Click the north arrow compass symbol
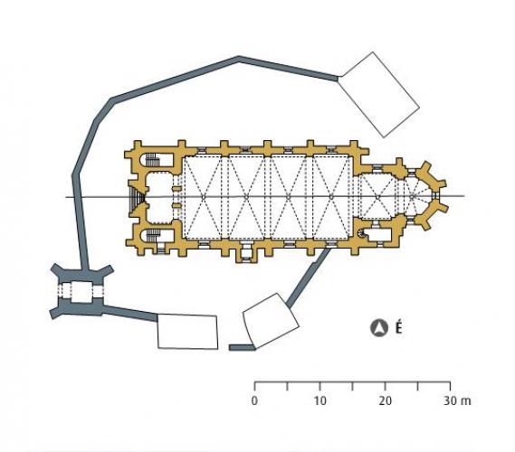(x=378, y=328)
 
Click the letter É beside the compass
(x=398, y=327)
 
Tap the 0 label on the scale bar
(x=254, y=400)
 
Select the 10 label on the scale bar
(x=319, y=400)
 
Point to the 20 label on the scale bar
(x=385, y=400)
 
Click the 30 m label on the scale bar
(x=457, y=400)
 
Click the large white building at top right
(x=378, y=94)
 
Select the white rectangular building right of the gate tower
(x=187, y=332)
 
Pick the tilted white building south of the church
(x=271, y=321)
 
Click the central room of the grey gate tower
(x=81, y=291)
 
